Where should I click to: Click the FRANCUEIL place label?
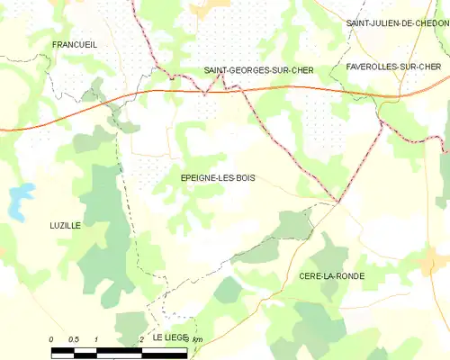coord(75,44)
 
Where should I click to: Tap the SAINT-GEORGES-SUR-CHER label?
coord(252,70)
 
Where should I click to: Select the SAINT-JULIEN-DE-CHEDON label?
coord(397,23)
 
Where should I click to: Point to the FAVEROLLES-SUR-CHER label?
coord(393,67)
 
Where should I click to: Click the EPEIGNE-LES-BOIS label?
coord(217,178)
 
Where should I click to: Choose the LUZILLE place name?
coord(65,226)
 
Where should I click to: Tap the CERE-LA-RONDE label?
coord(331,276)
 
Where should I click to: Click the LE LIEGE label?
coord(168,337)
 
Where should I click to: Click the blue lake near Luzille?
coord(19,202)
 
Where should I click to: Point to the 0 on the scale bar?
coord(51,338)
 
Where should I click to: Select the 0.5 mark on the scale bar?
coord(74,338)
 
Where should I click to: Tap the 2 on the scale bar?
coord(141,338)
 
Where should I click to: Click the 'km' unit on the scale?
coord(197,338)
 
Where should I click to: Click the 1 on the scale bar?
coord(96,338)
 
